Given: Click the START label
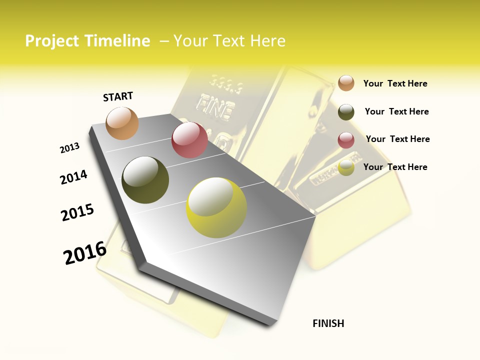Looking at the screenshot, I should pyautogui.click(x=118, y=96).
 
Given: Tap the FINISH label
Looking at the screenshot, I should pyautogui.click(x=328, y=323).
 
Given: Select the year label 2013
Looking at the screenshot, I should pyautogui.click(x=69, y=148).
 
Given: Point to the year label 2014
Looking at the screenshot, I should pyautogui.click(x=73, y=177).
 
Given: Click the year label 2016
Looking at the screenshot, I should pyautogui.click(x=85, y=253).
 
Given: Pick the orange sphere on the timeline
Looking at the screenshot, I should pyautogui.click(x=122, y=123).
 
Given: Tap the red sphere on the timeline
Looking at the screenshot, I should pyautogui.click(x=189, y=140).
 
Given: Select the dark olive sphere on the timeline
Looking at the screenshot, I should pyautogui.click(x=145, y=180).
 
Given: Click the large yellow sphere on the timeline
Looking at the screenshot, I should pyautogui.click(x=216, y=208).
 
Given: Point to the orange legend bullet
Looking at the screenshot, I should pyautogui.click(x=346, y=83).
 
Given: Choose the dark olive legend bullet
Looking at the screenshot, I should pyautogui.click(x=346, y=112).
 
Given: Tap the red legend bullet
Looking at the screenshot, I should pyautogui.click(x=346, y=140).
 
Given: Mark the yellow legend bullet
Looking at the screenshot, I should pyautogui.click(x=346, y=167).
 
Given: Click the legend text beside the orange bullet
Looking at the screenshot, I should pyautogui.click(x=395, y=83).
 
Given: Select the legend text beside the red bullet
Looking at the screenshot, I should pyautogui.click(x=397, y=139).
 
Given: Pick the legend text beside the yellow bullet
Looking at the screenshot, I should pyautogui.click(x=395, y=167).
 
